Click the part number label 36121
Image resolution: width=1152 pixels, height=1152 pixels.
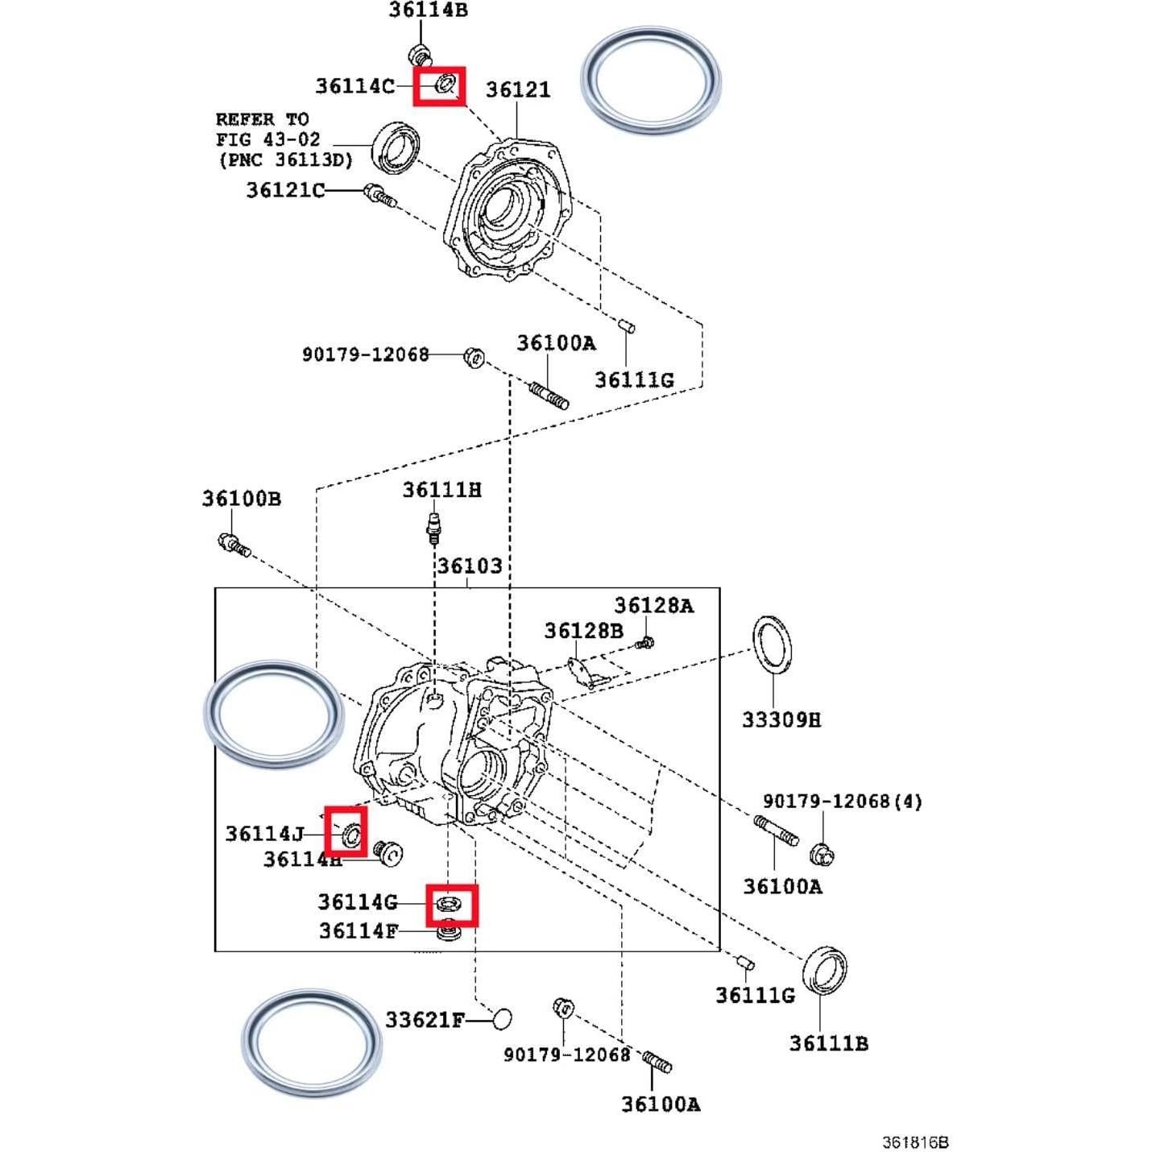point(518,89)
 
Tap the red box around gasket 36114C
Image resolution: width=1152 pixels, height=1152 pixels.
point(439,85)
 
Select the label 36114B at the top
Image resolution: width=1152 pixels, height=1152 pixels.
point(428,10)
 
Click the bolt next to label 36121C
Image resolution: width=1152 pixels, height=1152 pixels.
point(378,195)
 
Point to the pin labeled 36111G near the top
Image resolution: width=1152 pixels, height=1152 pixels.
point(628,326)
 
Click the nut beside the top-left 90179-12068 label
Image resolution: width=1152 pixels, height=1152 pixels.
point(474,357)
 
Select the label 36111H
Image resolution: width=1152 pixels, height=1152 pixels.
point(441,490)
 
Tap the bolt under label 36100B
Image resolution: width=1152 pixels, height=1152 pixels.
point(234,545)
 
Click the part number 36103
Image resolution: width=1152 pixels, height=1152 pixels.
point(470,566)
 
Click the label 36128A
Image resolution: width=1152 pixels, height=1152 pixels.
point(653,606)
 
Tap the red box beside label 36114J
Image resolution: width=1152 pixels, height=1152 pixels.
point(346,831)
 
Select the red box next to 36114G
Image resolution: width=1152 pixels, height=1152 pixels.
point(452,905)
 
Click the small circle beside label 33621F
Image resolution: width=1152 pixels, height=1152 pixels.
point(501,1018)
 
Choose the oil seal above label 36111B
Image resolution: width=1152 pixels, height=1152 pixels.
point(825,971)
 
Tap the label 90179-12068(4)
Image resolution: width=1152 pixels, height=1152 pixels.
point(842,802)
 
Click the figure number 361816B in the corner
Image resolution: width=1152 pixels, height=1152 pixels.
point(915,1142)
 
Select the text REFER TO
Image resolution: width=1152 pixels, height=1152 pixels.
point(262,119)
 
